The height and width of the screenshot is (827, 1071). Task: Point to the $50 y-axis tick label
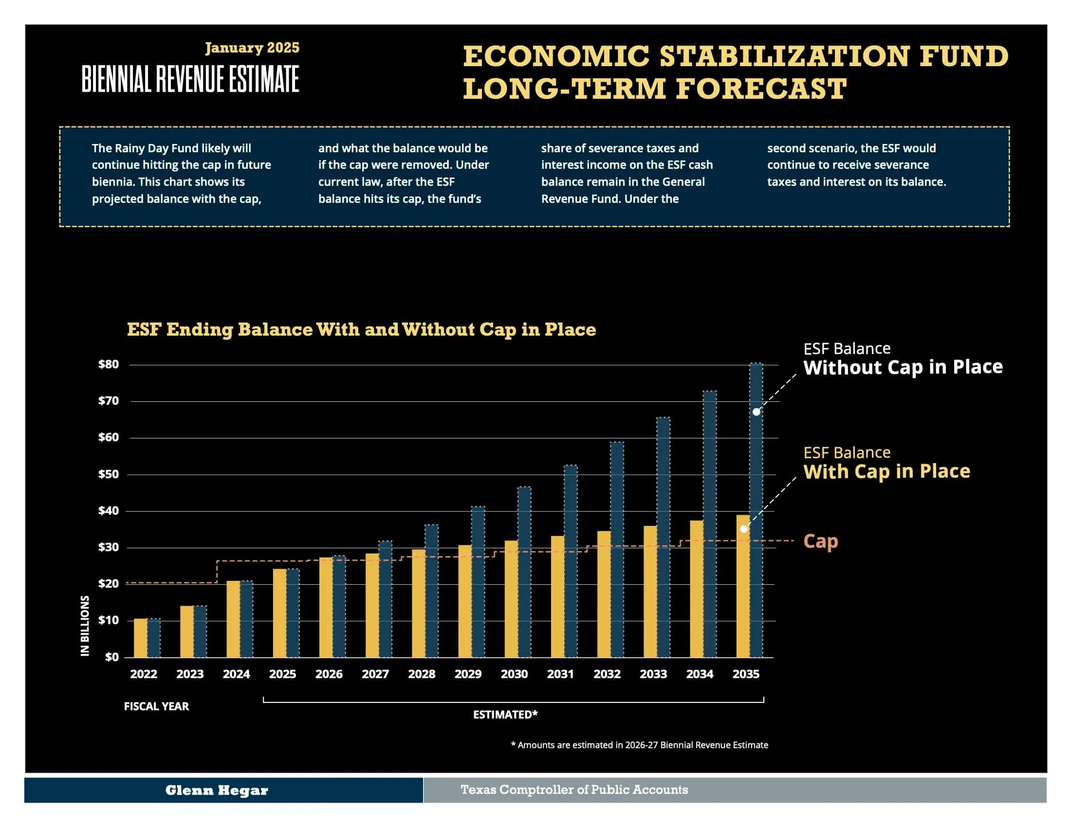tap(109, 474)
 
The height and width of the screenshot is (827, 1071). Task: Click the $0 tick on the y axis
tap(112, 657)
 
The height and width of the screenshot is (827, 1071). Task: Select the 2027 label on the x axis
tap(375, 674)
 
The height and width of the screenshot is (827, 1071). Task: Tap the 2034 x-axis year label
tap(699, 674)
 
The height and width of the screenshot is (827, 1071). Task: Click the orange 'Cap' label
tap(820, 541)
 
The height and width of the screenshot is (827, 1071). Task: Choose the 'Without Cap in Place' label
tap(903, 367)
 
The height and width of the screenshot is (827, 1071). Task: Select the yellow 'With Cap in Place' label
tap(886, 471)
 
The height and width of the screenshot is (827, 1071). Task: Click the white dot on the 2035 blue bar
tap(756, 412)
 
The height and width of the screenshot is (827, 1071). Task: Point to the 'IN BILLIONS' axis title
tap(85, 626)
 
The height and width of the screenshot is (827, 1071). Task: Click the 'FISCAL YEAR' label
tap(156, 706)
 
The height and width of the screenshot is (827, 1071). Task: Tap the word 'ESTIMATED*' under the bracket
tap(505, 714)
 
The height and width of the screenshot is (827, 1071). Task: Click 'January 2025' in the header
tap(252, 48)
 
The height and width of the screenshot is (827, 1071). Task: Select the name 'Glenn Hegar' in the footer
tap(216, 790)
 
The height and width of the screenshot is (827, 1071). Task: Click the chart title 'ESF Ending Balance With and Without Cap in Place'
tap(361, 329)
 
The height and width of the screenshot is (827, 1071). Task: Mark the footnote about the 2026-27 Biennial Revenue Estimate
tap(640, 745)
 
